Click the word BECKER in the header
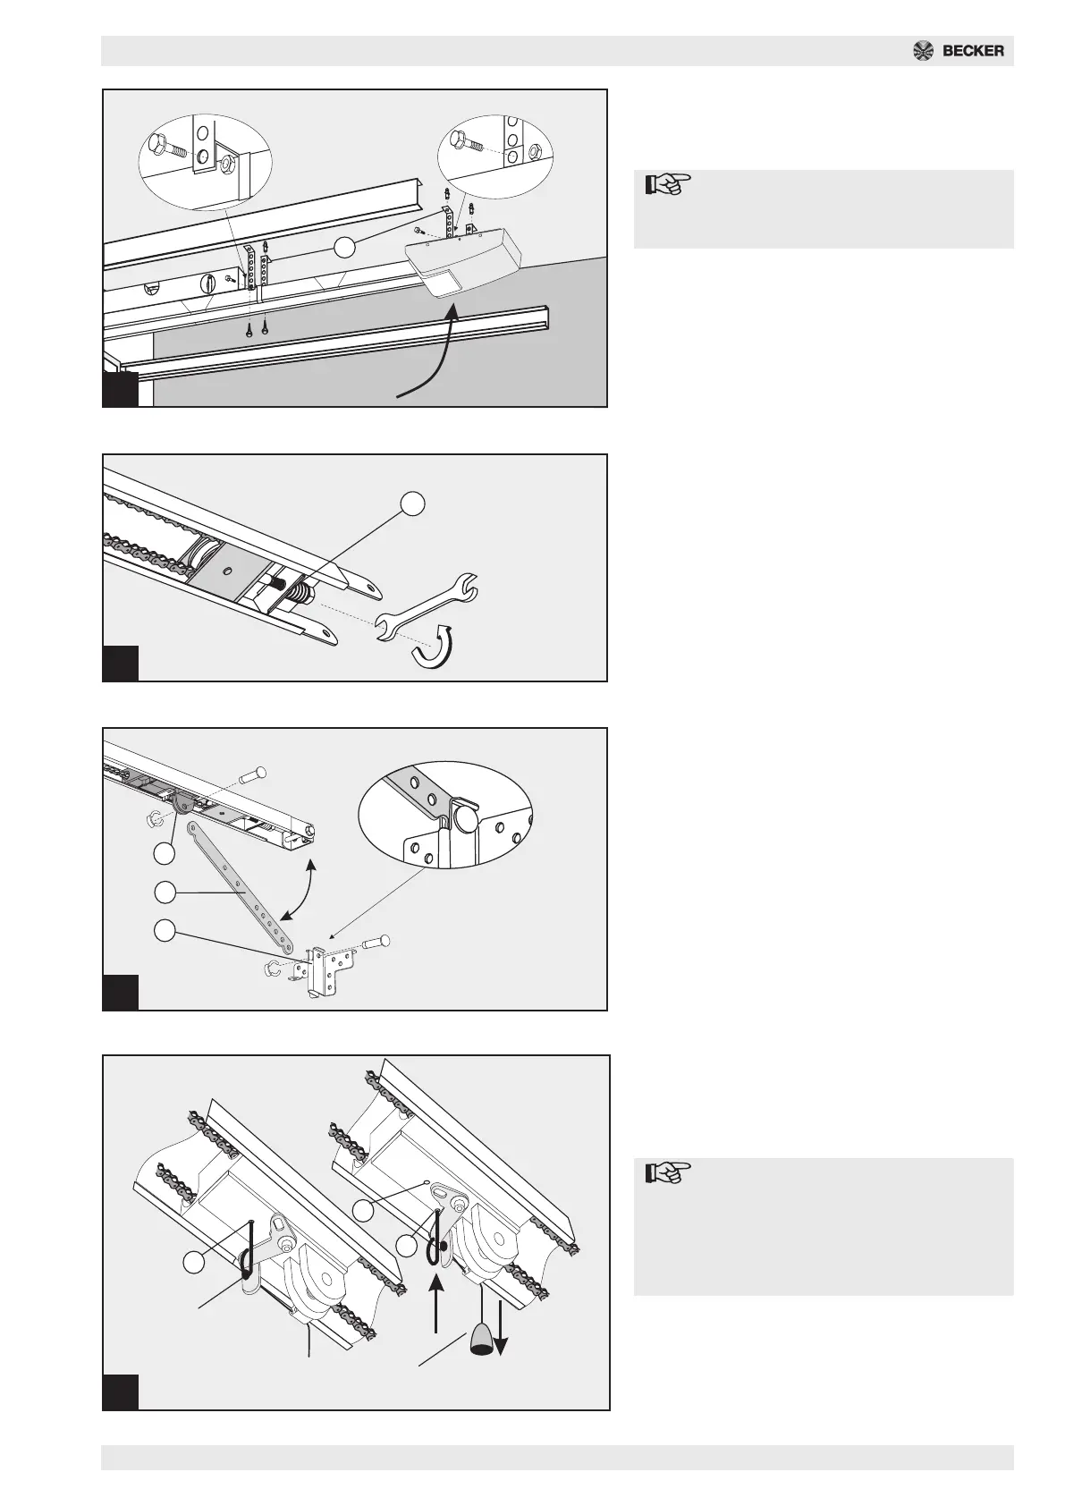[973, 51]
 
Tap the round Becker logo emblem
[924, 51]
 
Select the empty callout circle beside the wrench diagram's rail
[413, 503]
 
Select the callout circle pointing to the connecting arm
[165, 893]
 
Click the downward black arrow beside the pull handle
[501, 1323]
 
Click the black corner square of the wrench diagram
[121, 663]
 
